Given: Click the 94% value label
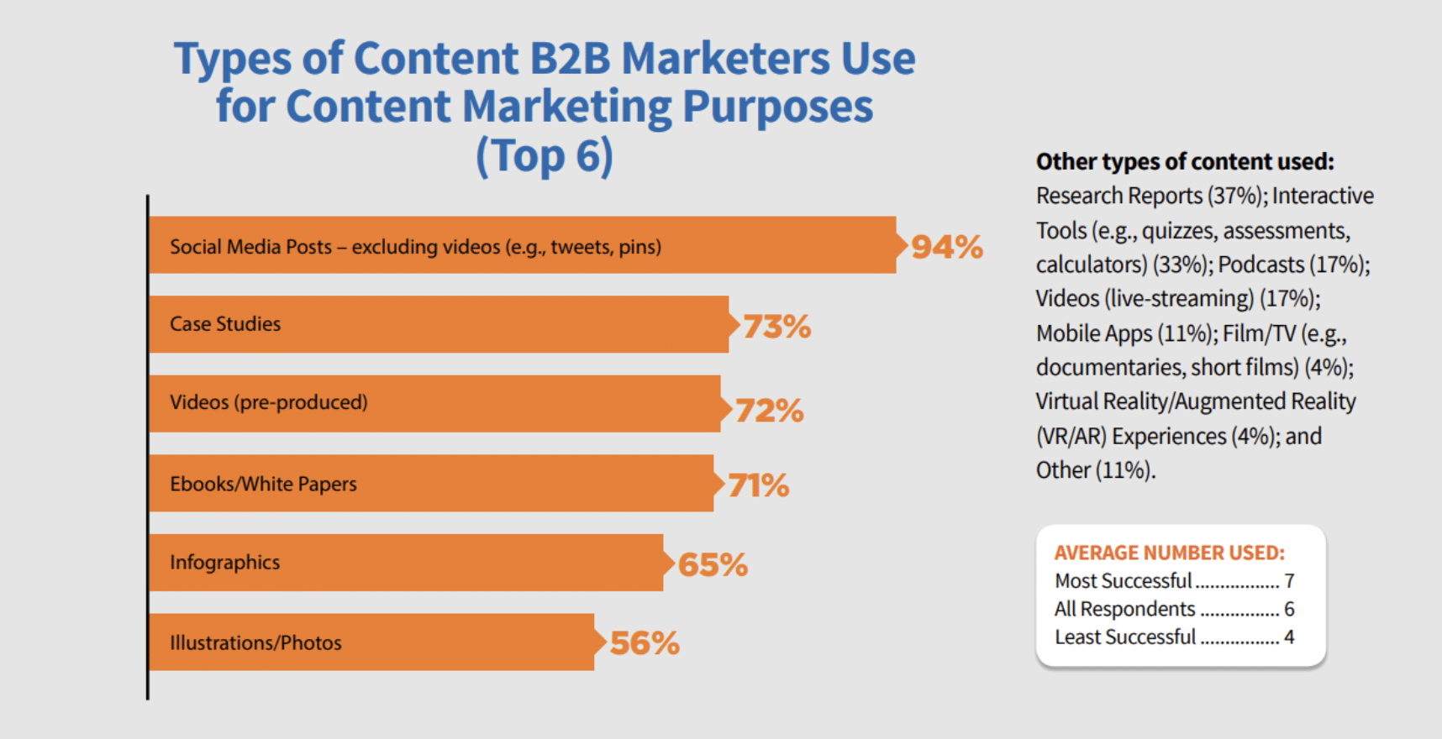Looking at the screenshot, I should point(947,247).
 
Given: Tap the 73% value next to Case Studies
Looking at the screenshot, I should point(776,327).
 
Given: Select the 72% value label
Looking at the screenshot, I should point(769,411).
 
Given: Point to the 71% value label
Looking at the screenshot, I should point(758,485).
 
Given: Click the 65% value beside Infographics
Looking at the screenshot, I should point(713,565).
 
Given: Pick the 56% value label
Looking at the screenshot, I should point(645,643).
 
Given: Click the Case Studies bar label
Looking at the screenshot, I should point(225,324).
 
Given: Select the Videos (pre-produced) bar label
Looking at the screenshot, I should point(269,402).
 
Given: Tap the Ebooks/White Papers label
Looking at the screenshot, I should point(263,484).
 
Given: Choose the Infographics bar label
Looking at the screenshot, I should point(224,563).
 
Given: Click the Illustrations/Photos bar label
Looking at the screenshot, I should point(255,643).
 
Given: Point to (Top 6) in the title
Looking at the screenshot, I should point(545,156).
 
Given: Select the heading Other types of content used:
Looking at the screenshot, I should point(1185,161).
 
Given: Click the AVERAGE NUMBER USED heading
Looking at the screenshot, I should point(1169,553).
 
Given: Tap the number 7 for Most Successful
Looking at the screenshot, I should point(1289,581).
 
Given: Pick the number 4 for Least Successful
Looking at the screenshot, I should point(1289,637).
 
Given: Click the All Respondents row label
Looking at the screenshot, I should point(1124,609).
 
